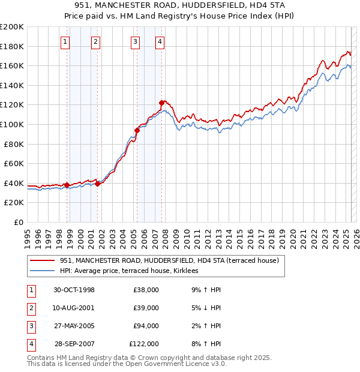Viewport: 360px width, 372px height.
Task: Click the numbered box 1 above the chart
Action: pyautogui.click(x=64, y=41)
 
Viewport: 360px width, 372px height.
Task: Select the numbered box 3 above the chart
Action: pyautogui.click(x=135, y=41)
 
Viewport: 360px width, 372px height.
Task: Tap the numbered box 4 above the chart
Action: pyautogui.click(x=160, y=41)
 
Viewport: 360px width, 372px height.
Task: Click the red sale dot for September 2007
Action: pyautogui.click(x=161, y=103)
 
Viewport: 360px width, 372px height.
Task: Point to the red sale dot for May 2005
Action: pyautogui.click(x=137, y=130)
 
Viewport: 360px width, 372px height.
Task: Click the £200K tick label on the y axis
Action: pyautogui.click(x=12, y=27)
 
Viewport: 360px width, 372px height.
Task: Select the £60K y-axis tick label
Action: pyautogui.click(x=14, y=163)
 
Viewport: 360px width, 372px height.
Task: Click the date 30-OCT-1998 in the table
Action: pyautogui.click(x=74, y=290)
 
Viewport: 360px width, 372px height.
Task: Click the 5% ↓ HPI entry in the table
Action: pyautogui.click(x=206, y=308)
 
